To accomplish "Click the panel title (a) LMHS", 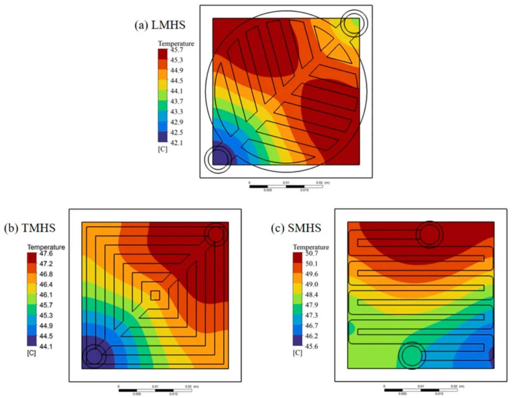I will (160, 25).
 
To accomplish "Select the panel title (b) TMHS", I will (29, 228).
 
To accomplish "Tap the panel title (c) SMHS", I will (296, 228).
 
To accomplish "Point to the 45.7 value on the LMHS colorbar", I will (177, 50).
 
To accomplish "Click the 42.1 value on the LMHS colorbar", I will (177, 143).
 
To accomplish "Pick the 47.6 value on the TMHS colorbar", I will (46, 254).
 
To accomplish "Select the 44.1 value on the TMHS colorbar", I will (46, 346).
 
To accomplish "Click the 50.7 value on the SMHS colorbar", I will (312, 254).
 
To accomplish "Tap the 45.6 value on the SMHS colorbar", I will (312, 346).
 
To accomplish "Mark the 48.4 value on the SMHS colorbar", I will (312, 295).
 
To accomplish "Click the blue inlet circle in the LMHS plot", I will (218, 158).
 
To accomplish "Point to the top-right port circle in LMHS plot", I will (353, 24).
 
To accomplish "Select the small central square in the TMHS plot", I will (155, 295).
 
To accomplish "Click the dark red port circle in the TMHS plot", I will (216, 234).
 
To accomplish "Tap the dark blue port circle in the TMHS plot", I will (94, 356).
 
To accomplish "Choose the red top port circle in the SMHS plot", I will (430, 235).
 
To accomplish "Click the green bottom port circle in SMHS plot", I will (412, 356).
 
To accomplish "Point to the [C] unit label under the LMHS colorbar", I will (162, 149).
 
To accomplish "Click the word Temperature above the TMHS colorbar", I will (46, 247).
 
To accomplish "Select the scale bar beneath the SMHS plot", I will (421, 390).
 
